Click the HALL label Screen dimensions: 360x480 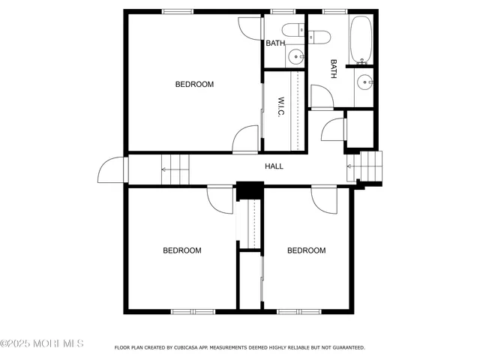274,166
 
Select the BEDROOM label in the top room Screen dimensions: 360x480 194,84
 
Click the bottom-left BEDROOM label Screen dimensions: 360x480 182,250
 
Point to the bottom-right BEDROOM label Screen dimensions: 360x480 306,250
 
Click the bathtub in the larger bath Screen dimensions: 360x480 362,39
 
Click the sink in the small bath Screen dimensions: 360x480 297,56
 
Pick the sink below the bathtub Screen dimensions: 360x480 364,82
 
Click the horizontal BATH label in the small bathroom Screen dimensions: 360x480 275,43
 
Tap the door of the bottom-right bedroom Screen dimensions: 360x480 325,199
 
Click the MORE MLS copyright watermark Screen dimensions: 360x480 42,343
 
